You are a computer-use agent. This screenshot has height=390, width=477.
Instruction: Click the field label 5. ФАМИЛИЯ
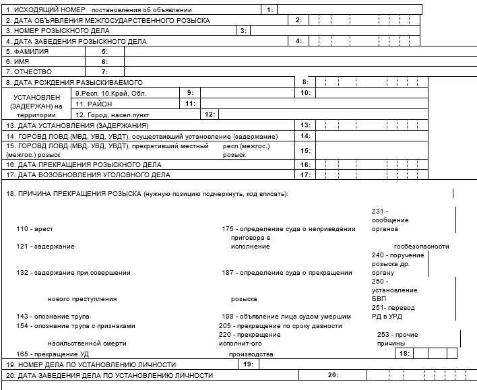click(x=25, y=51)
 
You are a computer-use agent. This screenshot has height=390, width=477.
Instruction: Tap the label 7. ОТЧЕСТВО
click(x=28, y=71)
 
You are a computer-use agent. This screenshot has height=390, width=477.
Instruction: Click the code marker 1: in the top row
click(x=269, y=10)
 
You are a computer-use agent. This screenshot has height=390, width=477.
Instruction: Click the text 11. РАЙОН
click(x=94, y=104)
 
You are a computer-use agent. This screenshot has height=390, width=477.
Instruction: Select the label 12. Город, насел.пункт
click(x=112, y=115)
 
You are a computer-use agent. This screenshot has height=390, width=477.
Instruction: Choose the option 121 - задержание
click(x=45, y=247)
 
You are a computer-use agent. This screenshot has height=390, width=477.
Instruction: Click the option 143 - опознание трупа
click(x=53, y=316)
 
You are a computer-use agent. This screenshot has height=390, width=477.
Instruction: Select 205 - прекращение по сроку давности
click(x=280, y=325)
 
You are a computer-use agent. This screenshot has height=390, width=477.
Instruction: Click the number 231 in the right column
click(x=379, y=212)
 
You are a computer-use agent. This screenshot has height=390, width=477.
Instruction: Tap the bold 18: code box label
click(x=404, y=353)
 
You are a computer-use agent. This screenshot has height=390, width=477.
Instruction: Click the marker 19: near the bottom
click(x=247, y=364)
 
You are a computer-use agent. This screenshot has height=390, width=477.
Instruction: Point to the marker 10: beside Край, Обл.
click(x=305, y=92)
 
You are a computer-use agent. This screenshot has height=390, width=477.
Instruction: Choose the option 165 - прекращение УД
click(x=52, y=353)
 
